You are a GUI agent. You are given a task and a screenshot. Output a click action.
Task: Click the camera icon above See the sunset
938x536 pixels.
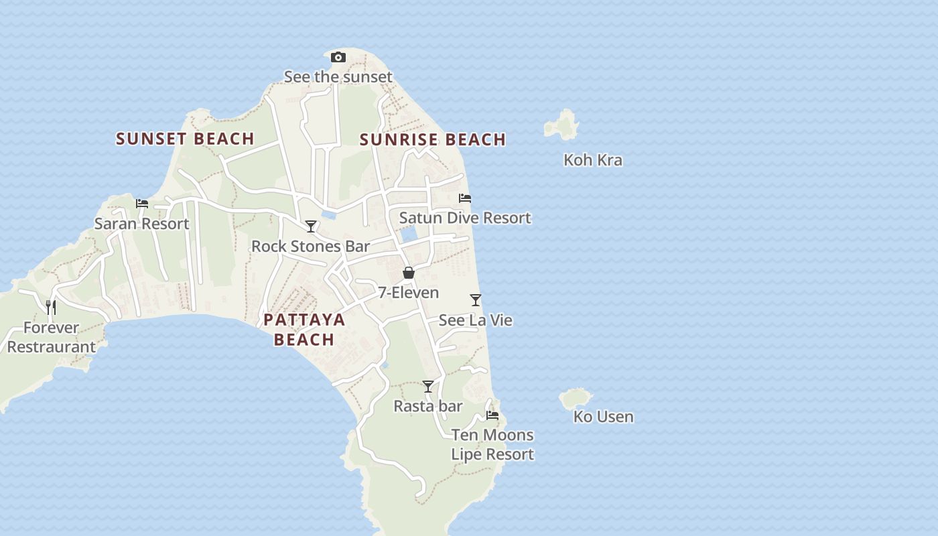click(338, 58)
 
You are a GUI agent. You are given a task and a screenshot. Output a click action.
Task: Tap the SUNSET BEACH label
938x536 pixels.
click(185, 139)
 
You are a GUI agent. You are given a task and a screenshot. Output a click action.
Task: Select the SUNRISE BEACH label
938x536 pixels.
click(433, 139)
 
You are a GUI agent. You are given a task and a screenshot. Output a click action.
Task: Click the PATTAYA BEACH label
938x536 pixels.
click(304, 329)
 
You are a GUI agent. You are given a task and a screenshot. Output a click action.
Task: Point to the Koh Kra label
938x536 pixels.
click(593, 160)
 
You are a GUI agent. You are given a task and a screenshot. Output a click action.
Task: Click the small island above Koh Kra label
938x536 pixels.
click(562, 125)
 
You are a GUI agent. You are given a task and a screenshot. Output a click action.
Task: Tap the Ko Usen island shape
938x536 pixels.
click(576, 398)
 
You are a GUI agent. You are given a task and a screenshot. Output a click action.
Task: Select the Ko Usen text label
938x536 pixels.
click(603, 417)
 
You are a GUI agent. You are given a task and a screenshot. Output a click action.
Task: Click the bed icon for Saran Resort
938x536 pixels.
click(142, 204)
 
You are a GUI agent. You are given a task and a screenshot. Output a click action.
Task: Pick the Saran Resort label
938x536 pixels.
click(141, 224)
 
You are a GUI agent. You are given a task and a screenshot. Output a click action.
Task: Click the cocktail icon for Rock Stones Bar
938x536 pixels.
click(311, 226)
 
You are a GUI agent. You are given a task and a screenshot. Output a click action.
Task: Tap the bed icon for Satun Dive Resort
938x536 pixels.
click(465, 198)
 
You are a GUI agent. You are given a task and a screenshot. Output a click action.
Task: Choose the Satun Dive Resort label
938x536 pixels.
click(465, 218)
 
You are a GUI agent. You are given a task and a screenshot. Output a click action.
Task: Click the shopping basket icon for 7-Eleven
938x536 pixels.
click(409, 273)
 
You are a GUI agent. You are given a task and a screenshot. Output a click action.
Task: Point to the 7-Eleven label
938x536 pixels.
click(409, 293)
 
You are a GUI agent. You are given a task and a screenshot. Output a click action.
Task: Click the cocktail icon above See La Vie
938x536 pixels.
click(476, 299)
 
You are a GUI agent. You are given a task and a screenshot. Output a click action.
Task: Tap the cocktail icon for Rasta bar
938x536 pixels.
click(428, 387)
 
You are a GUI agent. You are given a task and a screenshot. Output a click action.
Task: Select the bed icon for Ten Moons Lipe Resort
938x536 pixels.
click(492, 415)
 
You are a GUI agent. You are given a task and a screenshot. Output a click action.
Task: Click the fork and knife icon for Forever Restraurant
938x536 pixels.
click(51, 308)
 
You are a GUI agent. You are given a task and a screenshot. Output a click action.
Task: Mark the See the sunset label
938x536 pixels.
click(338, 77)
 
